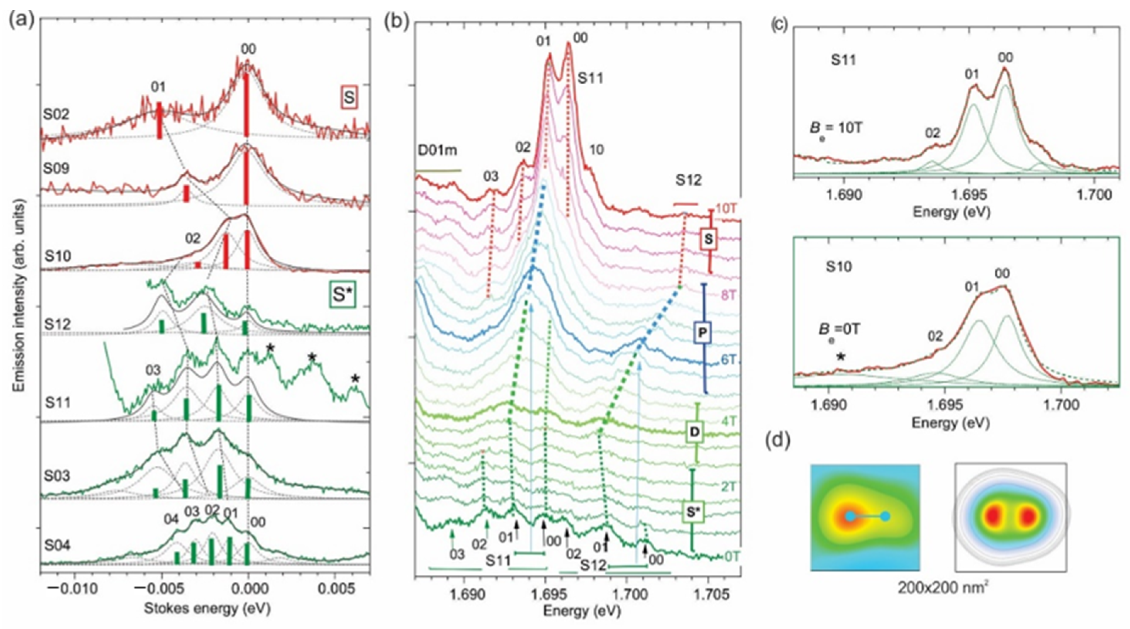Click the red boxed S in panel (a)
(349, 97)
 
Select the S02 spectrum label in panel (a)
(56, 114)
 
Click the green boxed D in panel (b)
(695, 432)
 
